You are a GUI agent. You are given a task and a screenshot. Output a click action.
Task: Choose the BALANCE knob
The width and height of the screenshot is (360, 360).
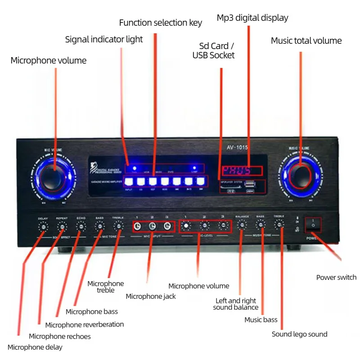click(242, 225)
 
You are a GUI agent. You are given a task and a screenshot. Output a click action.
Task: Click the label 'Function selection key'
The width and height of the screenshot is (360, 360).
click(160, 22)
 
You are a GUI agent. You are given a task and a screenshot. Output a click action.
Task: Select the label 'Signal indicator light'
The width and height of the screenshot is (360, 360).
click(104, 39)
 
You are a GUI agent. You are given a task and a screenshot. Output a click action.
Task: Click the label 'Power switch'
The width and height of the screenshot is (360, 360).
click(336, 277)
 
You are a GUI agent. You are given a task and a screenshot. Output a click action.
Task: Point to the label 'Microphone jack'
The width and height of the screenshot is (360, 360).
click(151, 296)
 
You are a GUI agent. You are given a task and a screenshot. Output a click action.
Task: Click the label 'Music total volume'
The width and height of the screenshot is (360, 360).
click(306, 40)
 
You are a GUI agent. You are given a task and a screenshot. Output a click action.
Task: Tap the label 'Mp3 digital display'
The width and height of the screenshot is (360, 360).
click(252, 18)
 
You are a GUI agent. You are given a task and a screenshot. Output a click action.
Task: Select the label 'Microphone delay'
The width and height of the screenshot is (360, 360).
click(35, 347)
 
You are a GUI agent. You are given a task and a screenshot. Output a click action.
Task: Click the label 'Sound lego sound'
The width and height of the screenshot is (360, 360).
click(299, 334)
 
